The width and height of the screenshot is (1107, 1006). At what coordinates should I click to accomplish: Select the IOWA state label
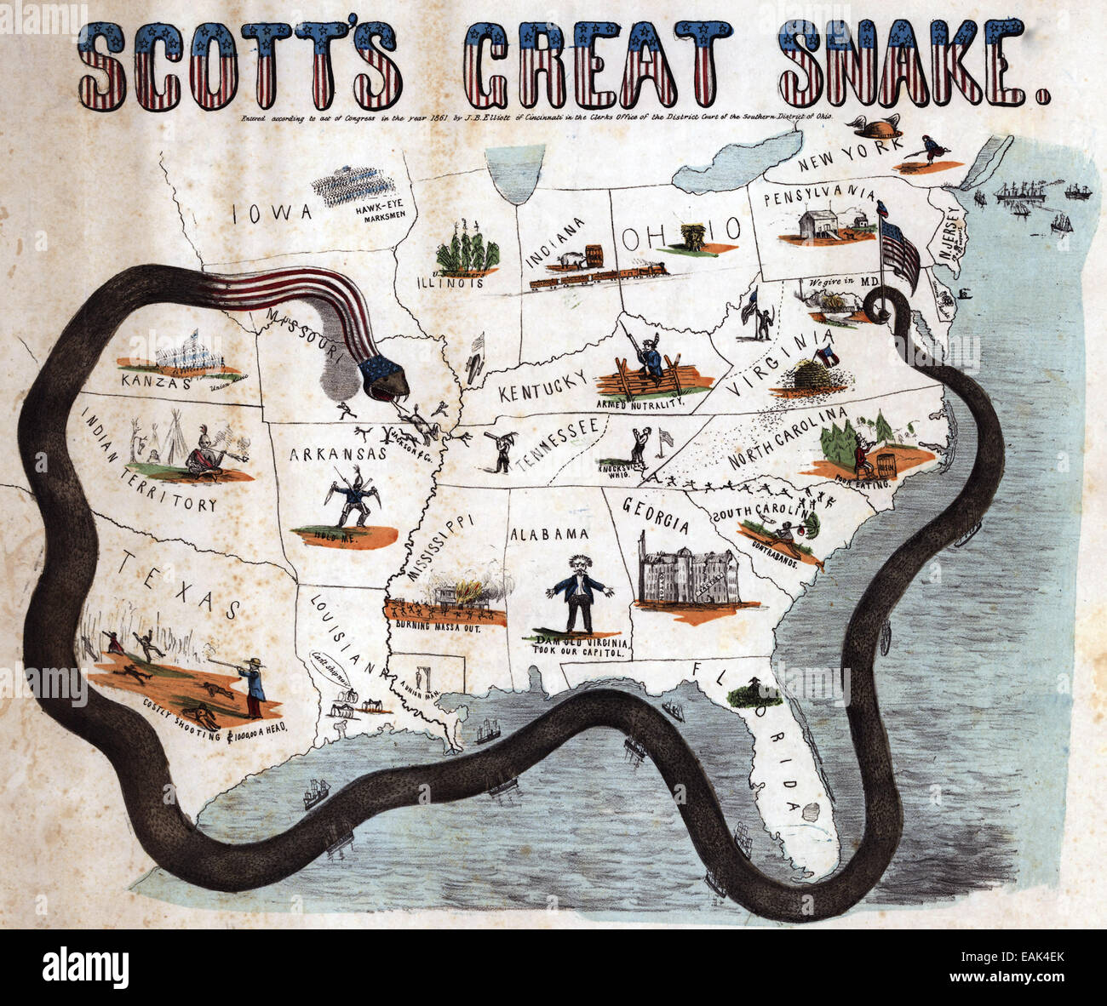tap(272, 212)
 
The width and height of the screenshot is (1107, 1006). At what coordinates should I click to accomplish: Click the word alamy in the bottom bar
tap(85, 968)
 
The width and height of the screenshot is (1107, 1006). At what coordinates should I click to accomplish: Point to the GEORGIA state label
tap(656, 514)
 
